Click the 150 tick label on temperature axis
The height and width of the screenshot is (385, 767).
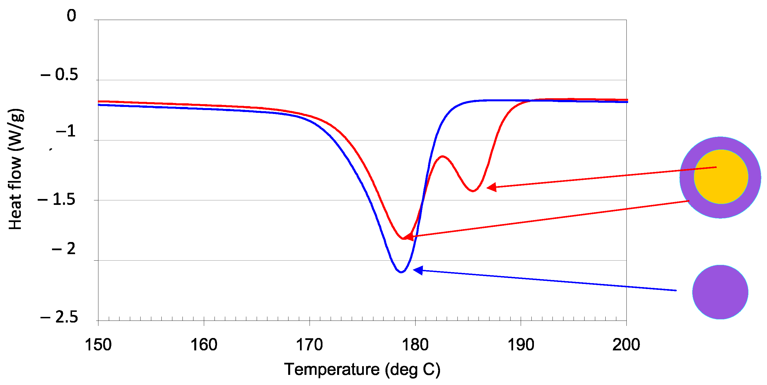[x=98, y=345]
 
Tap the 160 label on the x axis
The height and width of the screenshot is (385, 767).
[x=204, y=345]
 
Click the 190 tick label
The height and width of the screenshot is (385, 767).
[x=520, y=345]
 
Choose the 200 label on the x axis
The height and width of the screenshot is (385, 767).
[x=626, y=345]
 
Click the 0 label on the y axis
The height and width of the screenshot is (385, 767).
[x=71, y=15]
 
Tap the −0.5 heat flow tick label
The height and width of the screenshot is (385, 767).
[x=60, y=75]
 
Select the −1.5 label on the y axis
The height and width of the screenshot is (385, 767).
[x=57, y=199]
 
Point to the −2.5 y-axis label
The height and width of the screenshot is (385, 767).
[x=59, y=317]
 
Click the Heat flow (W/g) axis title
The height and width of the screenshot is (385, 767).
[x=15, y=169]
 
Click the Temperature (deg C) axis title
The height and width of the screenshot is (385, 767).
[x=362, y=370]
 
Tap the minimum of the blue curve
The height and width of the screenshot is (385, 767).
[x=401, y=272]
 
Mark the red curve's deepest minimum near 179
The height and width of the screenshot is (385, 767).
[x=403, y=238]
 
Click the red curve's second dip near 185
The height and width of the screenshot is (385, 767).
[x=473, y=191]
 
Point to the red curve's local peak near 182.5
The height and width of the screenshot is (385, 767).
[x=443, y=156]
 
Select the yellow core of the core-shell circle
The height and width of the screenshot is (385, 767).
[x=721, y=177]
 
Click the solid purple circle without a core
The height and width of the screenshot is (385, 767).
[x=720, y=292]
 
